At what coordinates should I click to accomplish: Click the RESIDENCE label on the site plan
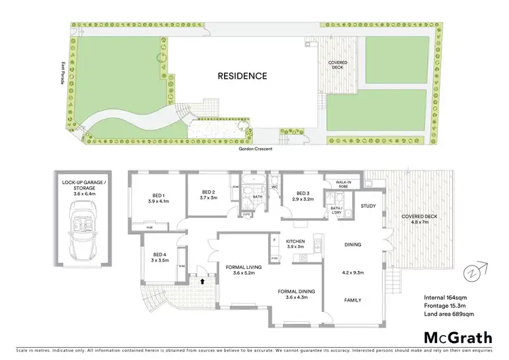click(242, 76)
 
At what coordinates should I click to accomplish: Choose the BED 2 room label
click(208, 194)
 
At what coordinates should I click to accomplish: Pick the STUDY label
click(368, 206)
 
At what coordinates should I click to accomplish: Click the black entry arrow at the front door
click(202, 278)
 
